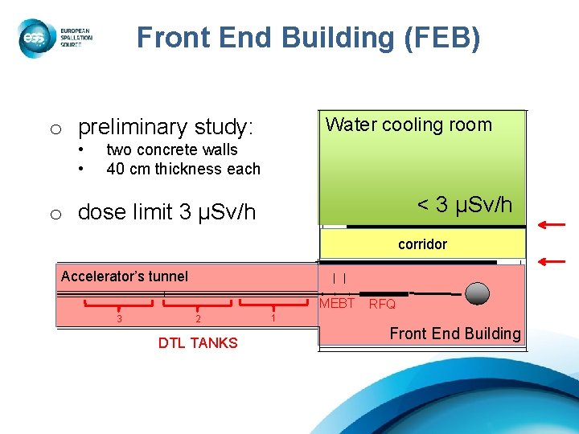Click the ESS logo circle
coord(35,39)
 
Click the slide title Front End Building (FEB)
coord(308,38)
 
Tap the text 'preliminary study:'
coord(165,127)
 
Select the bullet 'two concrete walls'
coord(172,149)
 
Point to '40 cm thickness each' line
coord(183,169)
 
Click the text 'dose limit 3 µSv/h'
coord(166,212)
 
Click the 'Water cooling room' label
coord(409,125)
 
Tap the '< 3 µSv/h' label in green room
coord(464,205)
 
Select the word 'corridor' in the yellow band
coord(422,244)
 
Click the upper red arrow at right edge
coord(552,224)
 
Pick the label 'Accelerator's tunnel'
coord(125,276)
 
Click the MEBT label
coord(337,304)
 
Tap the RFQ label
coord(382,305)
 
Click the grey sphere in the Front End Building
coord(478,293)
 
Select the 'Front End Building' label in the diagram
coord(455,334)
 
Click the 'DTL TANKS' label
coord(198,343)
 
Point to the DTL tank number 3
coord(119,318)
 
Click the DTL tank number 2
coord(198,319)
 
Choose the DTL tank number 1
coord(273,317)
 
